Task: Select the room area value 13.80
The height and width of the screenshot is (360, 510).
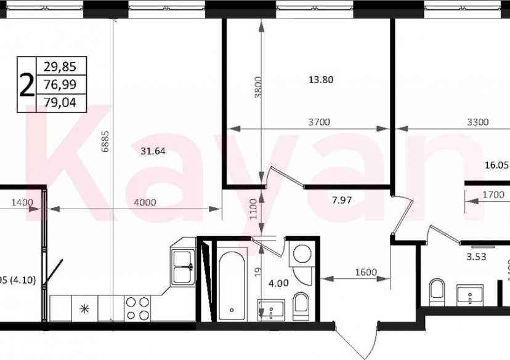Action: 320,79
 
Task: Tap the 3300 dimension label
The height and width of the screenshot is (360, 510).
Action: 477,122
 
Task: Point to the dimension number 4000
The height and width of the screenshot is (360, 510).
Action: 145,202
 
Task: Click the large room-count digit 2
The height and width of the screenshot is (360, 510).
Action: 26,85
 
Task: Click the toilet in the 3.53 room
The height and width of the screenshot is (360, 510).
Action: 437,290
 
